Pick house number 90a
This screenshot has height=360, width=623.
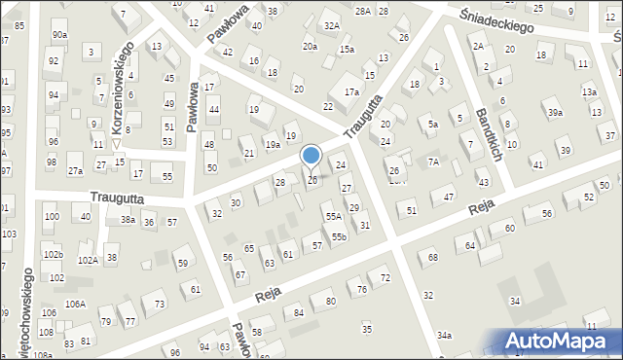(60, 35)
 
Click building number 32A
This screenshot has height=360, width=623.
(332, 25)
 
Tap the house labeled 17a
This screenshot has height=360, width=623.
(351, 92)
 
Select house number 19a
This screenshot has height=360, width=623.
(274, 145)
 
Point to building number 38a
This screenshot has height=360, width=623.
(128, 221)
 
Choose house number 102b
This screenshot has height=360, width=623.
(53, 255)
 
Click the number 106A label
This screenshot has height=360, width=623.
(75, 305)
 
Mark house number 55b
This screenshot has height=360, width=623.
(338, 236)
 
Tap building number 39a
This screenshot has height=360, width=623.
(555, 114)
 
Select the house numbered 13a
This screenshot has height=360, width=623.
(589, 91)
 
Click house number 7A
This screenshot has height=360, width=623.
(434, 161)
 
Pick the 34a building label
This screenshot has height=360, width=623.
(444, 336)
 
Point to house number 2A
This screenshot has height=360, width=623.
(478, 46)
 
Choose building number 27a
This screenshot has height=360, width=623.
(75, 171)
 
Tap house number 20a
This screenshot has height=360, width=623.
(310, 47)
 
